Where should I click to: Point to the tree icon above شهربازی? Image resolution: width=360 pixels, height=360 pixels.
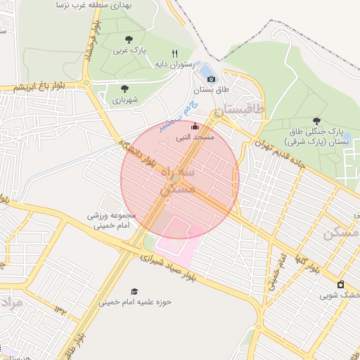(x=124, y=89)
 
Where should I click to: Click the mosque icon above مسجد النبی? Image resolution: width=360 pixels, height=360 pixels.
(x=195, y=126)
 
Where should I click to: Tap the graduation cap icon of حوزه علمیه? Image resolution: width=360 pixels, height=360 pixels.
(x=134, y=291)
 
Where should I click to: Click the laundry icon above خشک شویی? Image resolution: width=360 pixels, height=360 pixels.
(x=341, y=284)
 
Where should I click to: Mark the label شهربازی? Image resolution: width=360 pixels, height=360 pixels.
(x=125, y=100)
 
